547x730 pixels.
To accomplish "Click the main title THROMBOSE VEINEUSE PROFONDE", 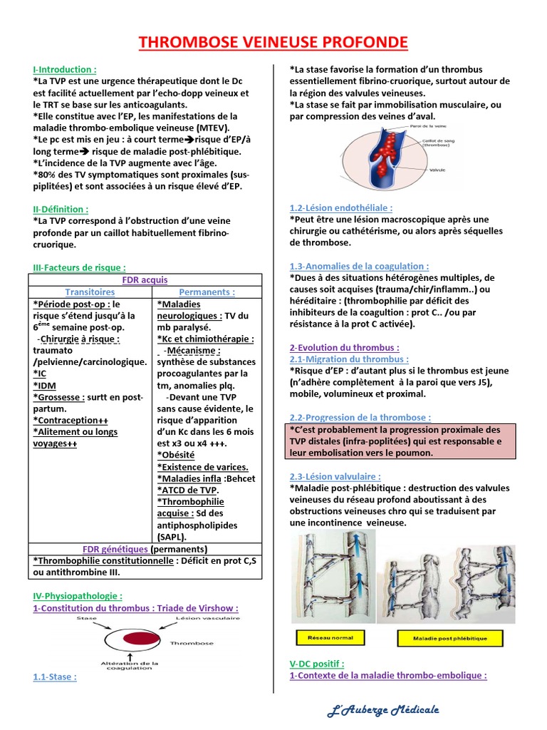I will click(273, 43).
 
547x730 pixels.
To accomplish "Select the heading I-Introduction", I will click(65, 70).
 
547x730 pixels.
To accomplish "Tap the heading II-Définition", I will click(61, 210).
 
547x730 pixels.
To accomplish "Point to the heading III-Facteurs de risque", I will click(80, 267).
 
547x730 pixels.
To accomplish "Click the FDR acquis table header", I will click(145, 280).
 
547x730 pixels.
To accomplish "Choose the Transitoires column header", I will click(90, 292).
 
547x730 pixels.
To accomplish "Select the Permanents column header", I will click(207, 292).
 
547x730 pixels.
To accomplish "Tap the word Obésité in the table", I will click(177, 455).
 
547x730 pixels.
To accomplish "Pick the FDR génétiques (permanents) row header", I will click(145, 549).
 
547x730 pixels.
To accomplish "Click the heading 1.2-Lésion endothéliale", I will click(341, 207).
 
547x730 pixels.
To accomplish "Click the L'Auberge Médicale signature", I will click(383, 710).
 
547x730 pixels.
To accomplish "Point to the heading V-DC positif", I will click(317, 664).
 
